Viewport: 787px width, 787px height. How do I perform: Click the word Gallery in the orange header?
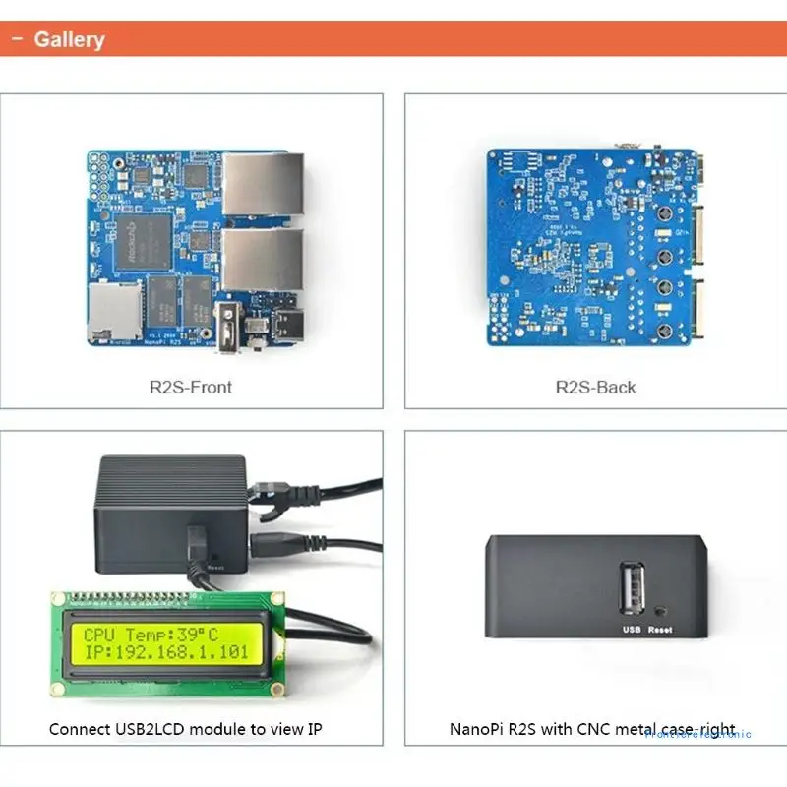(69, 40)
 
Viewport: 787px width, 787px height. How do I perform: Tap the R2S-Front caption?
(191, 387)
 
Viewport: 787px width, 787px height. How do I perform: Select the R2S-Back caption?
(595, 387)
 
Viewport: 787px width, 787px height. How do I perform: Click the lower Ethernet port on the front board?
(263, 260)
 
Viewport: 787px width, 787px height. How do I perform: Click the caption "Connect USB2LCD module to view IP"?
(186, 729)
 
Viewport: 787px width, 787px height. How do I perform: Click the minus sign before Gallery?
(17, 40)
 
